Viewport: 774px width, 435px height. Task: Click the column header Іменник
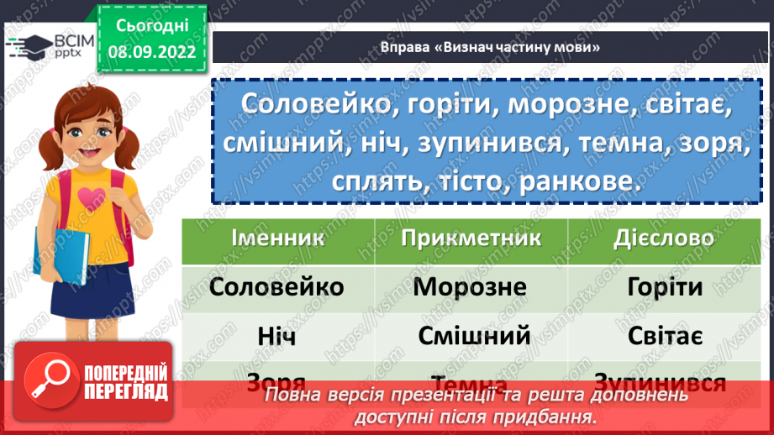click(277, 238)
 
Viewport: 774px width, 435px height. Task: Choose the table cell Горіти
click(665, 287)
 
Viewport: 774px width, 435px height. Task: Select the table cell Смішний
click(474, 336)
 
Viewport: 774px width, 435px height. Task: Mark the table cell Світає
click(665, 336)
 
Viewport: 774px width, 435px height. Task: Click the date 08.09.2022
click(151, 52)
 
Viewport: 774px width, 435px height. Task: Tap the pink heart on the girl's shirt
click(92, 197)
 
